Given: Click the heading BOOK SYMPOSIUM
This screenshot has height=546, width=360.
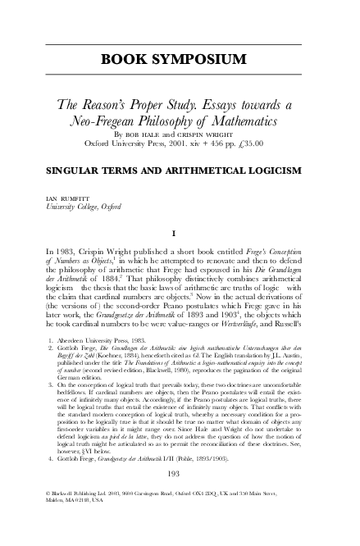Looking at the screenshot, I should (x=180, y=60).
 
